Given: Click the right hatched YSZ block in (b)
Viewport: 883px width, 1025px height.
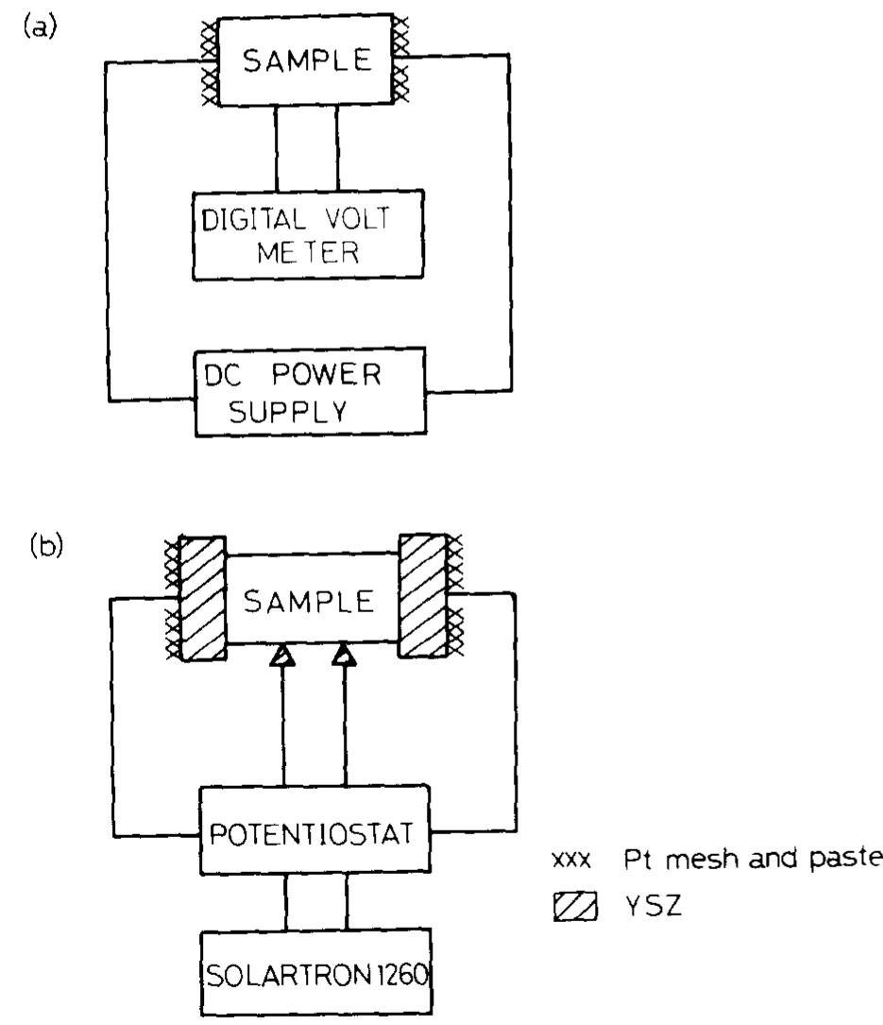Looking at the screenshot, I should pos(421,596).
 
